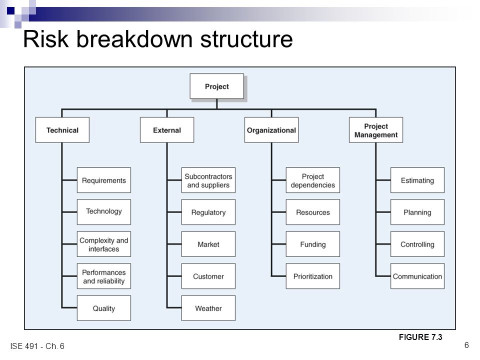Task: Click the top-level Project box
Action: point(216,86)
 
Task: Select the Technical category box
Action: point(62,130)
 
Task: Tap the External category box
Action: point(167,130)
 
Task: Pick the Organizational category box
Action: point(271,130)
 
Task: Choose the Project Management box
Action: point(376,130)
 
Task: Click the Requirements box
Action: point(104,180)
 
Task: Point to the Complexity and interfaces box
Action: point(104,244)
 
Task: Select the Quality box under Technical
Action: point(104,308)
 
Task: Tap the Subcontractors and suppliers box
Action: point(208,180)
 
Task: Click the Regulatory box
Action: point(208,212)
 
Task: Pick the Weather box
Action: point(208,308)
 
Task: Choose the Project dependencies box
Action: point(313,180)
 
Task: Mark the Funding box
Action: point(313,244)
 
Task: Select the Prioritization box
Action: point(313,276)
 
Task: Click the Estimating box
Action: point(417,180)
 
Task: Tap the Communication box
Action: point(417,276)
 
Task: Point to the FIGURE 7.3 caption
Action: point(420,337)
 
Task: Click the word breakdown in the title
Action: point(134,39)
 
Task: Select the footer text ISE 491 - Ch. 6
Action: point(37,346)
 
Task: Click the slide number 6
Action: point(466,345)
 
